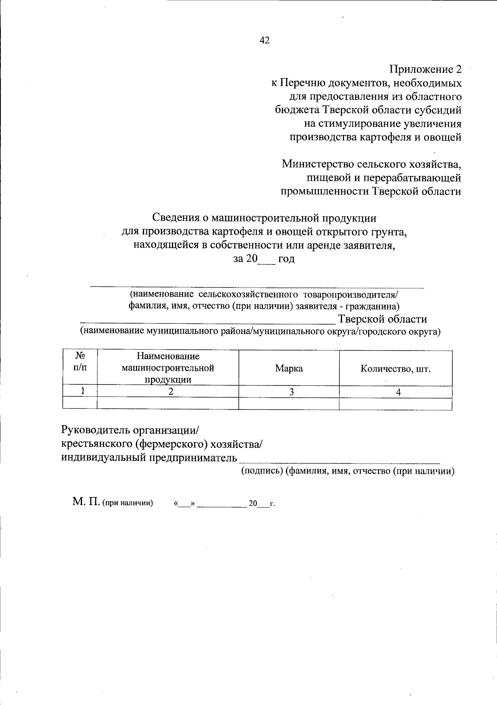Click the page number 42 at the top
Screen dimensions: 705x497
pos(264,40)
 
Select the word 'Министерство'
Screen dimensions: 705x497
pos(316,164)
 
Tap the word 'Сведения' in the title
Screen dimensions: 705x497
pos(176,217)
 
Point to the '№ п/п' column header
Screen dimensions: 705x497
pos(80,361)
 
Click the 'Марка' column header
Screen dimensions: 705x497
pos(289,368)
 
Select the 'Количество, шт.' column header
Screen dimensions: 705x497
pos(395,368)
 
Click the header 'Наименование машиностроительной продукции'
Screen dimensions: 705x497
pos(168,368)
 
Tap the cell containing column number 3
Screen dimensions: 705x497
pos(292,392)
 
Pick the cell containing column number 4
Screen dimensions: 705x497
pos(398,392)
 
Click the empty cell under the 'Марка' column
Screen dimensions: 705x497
pos(289,404)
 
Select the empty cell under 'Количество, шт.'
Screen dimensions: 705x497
pos(395,404)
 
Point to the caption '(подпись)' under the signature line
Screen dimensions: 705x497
pos(262,471)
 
